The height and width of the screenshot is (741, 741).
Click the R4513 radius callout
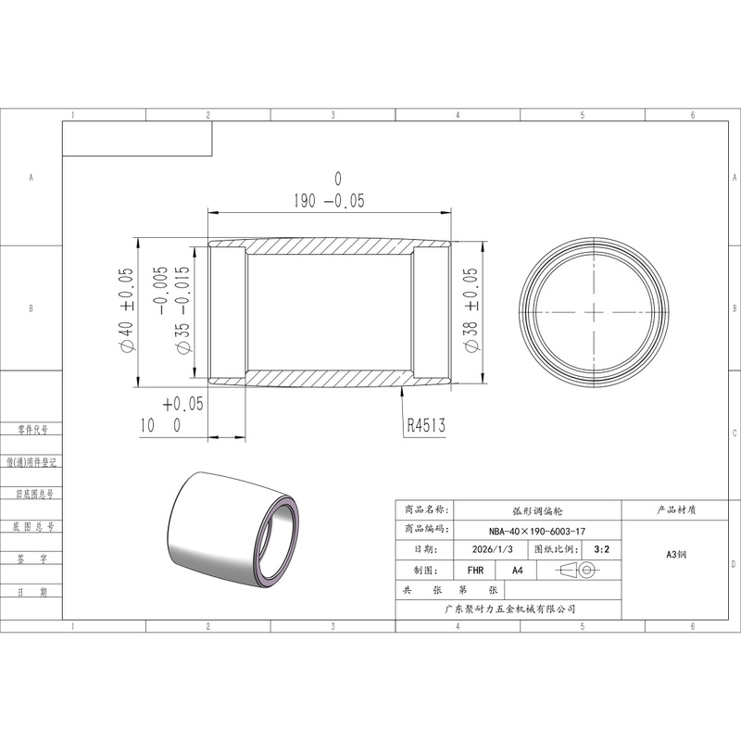[x=426, y=425]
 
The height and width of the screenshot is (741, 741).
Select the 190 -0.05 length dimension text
[x=330, y=201]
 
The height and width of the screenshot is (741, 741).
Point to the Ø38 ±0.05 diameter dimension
[x=471, y=310]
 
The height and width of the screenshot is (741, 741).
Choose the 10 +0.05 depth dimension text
[x=171, y=415]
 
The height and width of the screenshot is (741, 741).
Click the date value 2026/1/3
[x=492, y=549]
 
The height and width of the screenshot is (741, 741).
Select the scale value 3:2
[x=601, y=549]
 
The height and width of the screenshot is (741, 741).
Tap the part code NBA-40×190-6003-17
[x=537, y=531]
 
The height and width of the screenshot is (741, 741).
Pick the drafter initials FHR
[x=475, y=571]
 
